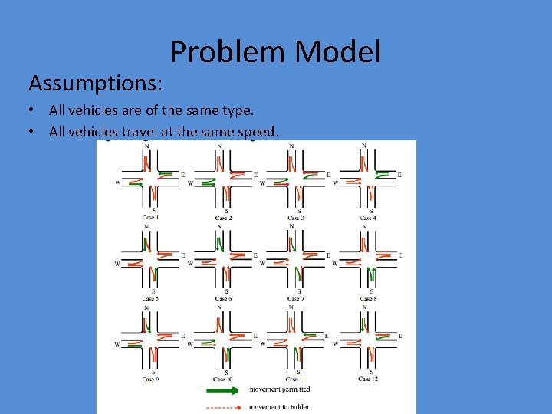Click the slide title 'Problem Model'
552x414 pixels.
tap(275, 52)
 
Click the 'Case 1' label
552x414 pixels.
tap(151, 219)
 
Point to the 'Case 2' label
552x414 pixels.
tap(224, 219)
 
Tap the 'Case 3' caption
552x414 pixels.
tap(297, 219)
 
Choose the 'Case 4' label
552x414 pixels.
tap(369, 219)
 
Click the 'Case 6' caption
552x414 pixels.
tap(224, 298)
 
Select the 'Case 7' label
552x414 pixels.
tap(297, 298)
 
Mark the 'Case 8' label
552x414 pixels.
tap(369, 298)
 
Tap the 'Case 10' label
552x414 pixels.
tap(224, 379)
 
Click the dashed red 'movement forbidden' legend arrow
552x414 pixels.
tap(228, 406)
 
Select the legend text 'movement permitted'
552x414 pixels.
tap(280, 390)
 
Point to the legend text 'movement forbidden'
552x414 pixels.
tap(281, 406)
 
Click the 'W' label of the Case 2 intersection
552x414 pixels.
tap(190, 183)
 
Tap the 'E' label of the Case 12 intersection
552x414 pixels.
tap(399, 336)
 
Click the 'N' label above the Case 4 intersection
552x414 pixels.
tap(363, 146)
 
